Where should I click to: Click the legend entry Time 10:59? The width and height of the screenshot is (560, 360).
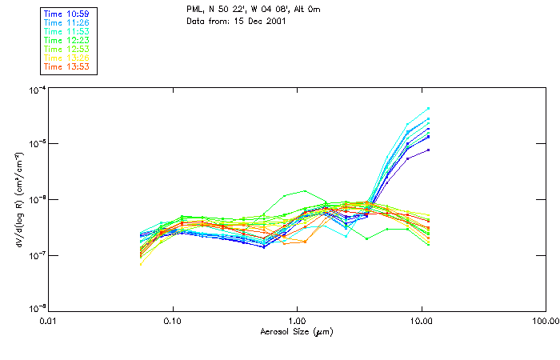(67, 14)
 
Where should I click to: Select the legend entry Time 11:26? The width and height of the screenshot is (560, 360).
(67, 23)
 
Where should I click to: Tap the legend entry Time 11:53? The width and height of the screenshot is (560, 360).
(67, 32)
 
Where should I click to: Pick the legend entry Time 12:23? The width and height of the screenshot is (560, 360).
(67, 40)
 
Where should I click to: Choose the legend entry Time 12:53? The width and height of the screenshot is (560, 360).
(67, 49)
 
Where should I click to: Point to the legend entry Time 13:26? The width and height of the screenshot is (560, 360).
(67, 58)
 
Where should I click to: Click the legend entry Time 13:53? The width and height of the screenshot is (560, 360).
(67, 66)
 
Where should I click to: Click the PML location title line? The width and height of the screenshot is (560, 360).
(254, 9)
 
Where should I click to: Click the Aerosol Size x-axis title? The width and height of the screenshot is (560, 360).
(296, 331)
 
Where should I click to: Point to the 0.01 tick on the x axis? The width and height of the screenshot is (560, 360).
(49, 321)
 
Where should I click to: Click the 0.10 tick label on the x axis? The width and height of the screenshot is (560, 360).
(173, 321)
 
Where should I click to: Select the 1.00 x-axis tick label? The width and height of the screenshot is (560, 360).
(297, 321)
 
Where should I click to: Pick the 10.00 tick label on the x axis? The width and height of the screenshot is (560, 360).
(421, 321)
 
